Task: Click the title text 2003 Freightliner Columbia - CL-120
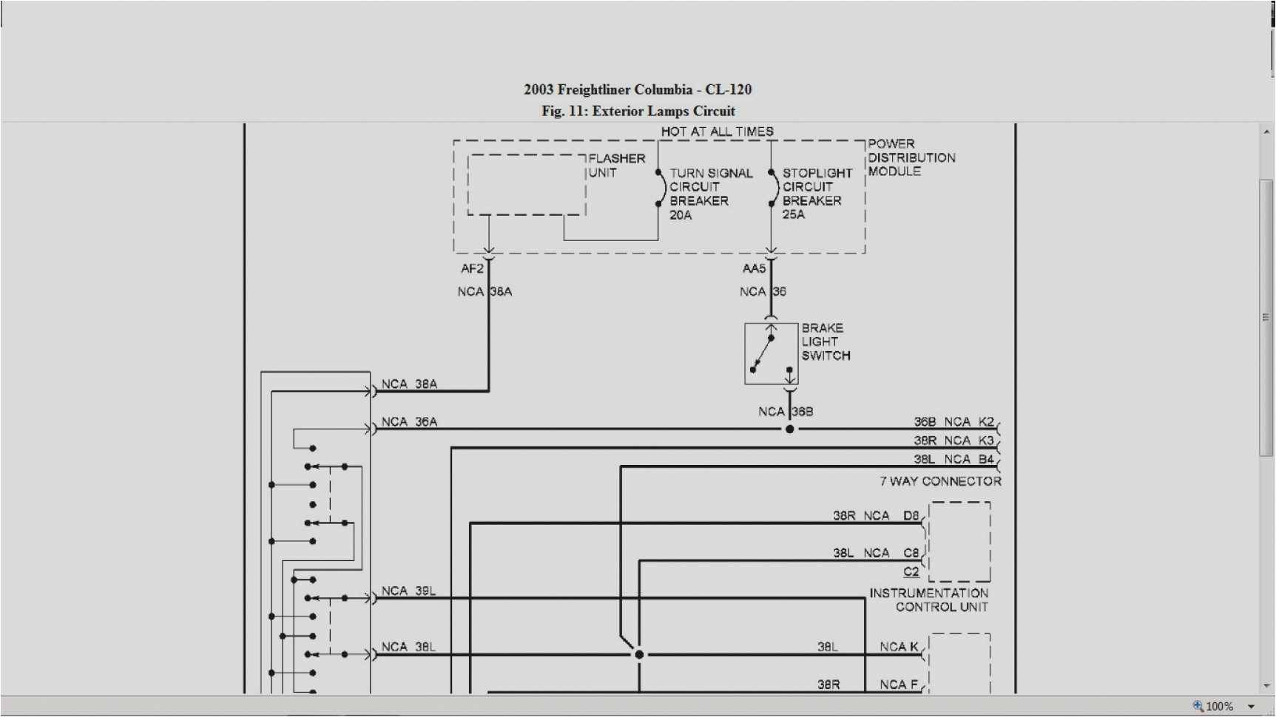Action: [638, 89]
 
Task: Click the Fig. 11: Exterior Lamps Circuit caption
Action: [638, 111]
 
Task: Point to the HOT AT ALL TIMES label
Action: [717, 132]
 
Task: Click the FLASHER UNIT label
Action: [616, 166]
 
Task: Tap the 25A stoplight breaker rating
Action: [794, 214]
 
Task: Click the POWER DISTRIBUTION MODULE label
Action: [911, 157]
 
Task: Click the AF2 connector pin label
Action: [472, 269]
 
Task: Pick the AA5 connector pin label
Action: [754, 269]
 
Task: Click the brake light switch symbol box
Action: [771, 354]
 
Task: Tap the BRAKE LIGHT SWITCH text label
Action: [825, 341]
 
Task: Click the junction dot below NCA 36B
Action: [789, 429]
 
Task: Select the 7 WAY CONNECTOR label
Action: [939, 481]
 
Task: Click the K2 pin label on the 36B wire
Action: [986, 421]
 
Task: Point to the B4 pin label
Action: [986, 459]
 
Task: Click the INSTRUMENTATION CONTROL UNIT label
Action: [929, 599]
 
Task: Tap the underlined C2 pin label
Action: [911, 571]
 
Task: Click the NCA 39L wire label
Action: [408, 591]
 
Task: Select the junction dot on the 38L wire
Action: [639, 654]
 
